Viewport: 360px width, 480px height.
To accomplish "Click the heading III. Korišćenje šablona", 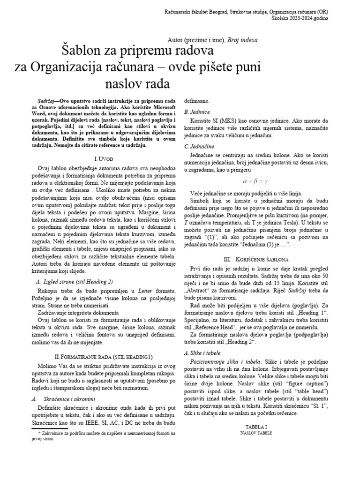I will [255, 259].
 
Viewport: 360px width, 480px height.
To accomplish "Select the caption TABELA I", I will [255, 427].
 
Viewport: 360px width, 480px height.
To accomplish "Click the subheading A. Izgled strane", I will [74, 282].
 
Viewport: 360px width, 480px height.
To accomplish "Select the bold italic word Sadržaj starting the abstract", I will [48, 102].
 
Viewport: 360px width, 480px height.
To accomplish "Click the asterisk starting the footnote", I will [40, 434].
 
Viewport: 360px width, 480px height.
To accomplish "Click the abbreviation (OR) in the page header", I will [322, 11].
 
